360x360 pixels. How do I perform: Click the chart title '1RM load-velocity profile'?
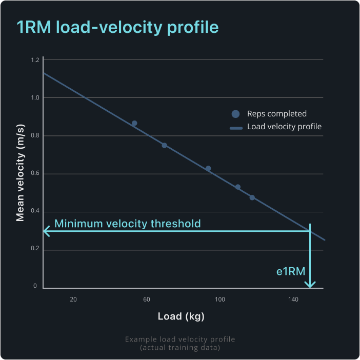[118, 28]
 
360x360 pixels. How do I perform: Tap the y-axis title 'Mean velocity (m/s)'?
[21, 174]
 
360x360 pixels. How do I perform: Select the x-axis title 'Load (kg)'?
[181, 316]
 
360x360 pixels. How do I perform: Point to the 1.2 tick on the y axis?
[35, 60]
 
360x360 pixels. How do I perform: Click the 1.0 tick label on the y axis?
[35, 98]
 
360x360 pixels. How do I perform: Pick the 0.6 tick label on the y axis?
[35, 174]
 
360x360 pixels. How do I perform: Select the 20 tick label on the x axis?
[73, 299]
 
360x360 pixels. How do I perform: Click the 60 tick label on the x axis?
[147, 299]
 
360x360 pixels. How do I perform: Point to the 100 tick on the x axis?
[219, 299]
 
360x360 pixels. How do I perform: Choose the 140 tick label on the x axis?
[293, 299]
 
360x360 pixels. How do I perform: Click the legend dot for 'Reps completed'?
[235, 114]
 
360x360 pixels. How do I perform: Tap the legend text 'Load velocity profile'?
[284, 127]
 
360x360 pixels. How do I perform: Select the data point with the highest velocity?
[134, 124]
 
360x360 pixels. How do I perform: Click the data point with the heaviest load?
[252, 197]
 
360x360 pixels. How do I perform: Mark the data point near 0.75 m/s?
[165, 145]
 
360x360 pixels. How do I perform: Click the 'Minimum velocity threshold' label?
[127, 224]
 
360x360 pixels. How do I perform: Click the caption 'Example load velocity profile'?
[180, 339]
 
